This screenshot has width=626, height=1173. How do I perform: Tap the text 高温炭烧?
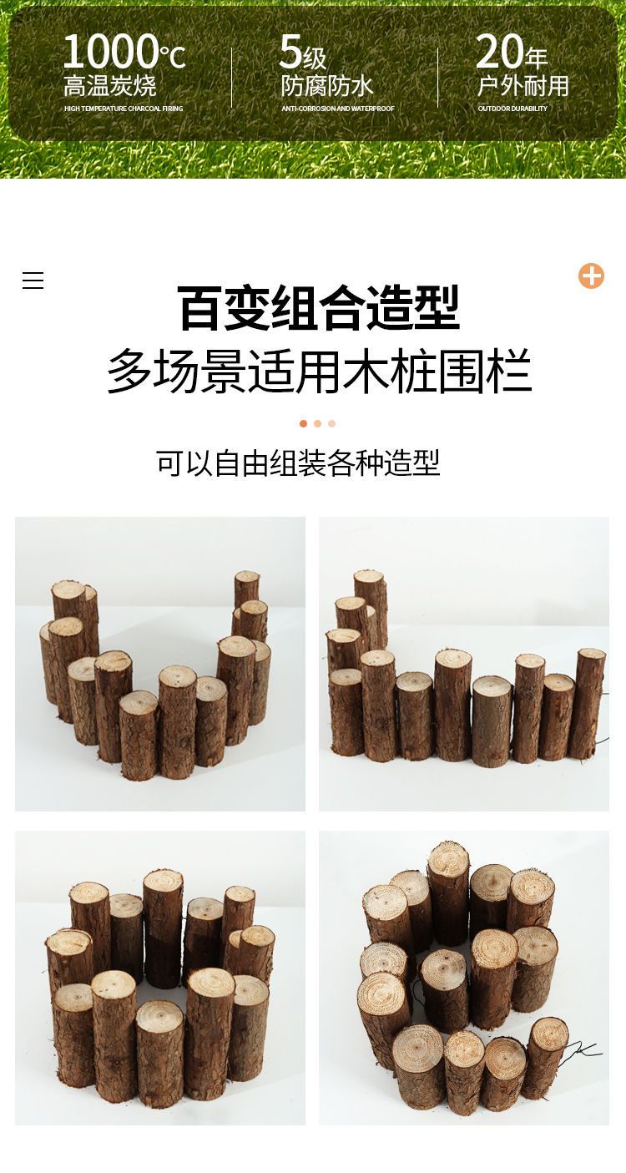coord(110,86)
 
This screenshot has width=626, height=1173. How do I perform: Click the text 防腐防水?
coord(327,86)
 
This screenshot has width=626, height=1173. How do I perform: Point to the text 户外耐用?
coord(523,86)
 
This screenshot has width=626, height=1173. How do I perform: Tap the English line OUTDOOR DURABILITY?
coord(512,109)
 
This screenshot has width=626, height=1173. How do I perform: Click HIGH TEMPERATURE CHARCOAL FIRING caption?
coord(124,109)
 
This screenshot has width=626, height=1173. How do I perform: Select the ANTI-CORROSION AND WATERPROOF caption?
coord(338,109)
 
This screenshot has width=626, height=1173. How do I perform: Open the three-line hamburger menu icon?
coord(33,281)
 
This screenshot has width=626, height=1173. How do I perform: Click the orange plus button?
coord(591,276)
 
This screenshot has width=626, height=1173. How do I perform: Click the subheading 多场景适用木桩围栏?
coord(320,372)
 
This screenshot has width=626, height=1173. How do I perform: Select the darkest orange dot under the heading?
coord(303,423)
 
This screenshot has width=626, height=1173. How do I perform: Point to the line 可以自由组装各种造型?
coord(298,463)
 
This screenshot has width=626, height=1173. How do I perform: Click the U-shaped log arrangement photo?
coord(160,664)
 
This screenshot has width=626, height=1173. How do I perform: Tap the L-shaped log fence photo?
coord(464,664)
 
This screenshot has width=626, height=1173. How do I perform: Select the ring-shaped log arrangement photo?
coord(160,978)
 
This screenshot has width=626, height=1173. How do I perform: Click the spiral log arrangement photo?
coord(464,978)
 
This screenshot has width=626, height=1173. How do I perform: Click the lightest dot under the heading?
coord(332,423)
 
